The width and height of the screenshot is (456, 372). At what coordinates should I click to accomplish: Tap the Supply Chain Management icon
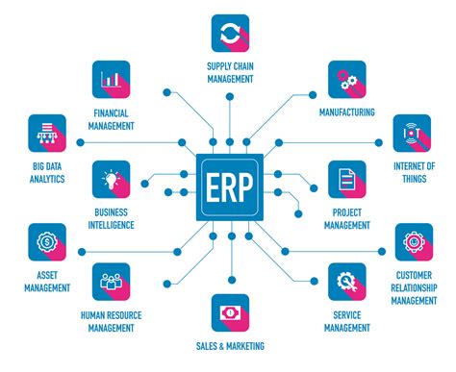coord(230,33)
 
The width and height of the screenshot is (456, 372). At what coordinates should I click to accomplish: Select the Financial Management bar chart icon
coord(112,81)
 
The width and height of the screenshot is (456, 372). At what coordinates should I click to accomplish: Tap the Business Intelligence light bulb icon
coord(112,180)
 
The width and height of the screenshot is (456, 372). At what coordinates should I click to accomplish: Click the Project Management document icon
coord(346,180)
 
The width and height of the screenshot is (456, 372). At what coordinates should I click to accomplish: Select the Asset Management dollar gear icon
coord(47,242)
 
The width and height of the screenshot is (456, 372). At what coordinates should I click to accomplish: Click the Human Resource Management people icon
coord(112,283)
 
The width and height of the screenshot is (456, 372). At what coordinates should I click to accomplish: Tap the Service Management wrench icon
coord(346,283)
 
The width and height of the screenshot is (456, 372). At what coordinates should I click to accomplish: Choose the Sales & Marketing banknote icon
coord(230,313)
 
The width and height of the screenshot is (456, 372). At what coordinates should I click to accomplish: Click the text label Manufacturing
coord(346,112)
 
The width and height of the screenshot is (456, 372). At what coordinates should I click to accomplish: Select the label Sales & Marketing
coord(230,346)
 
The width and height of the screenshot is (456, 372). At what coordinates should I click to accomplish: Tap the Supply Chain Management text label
coord(230,72)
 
